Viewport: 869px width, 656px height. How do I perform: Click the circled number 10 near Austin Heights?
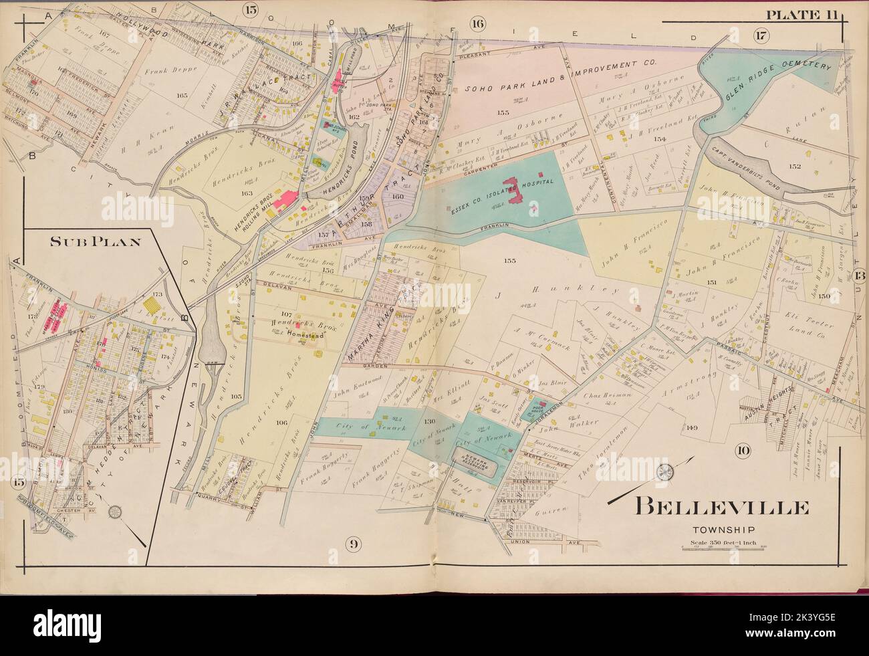tap(743, 449)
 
